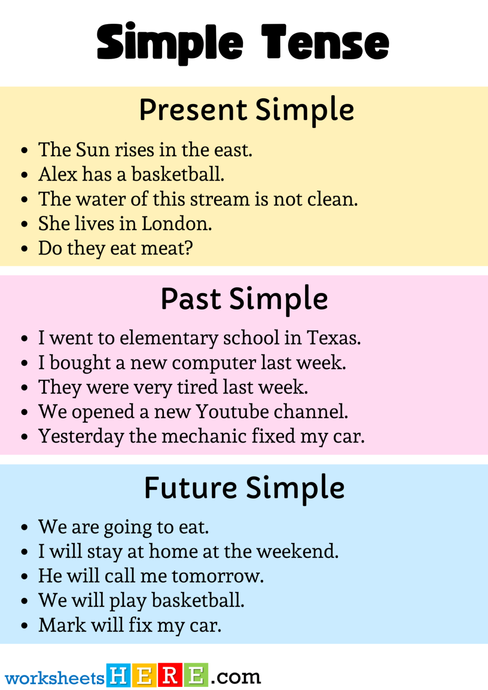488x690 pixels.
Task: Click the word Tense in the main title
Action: point(325,43)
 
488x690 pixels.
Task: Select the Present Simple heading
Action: point(246,110)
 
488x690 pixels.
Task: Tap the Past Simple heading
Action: point(244,299)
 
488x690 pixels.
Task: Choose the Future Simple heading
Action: point(244,488)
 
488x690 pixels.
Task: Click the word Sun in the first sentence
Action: point(93,150)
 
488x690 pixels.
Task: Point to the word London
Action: point(176,223)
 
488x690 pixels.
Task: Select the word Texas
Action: point(333,338)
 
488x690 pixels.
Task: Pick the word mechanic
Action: point(204,436)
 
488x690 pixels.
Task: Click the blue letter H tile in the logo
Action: point(119,675)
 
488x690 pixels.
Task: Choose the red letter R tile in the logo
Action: point(170,675)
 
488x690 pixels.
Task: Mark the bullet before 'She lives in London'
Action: point(25,224)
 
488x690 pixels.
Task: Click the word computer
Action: point(214,363)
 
